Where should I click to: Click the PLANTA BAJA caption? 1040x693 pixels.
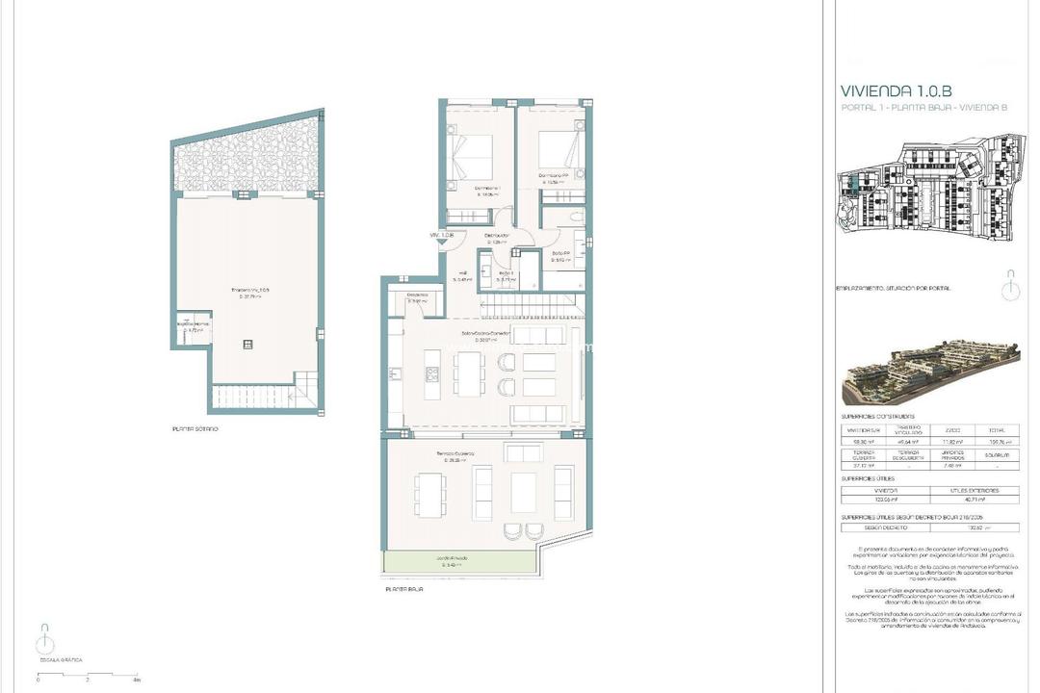pos(404,587)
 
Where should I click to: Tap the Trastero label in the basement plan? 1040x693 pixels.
pos(248,291)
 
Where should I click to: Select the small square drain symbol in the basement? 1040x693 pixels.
pos(249,342)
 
